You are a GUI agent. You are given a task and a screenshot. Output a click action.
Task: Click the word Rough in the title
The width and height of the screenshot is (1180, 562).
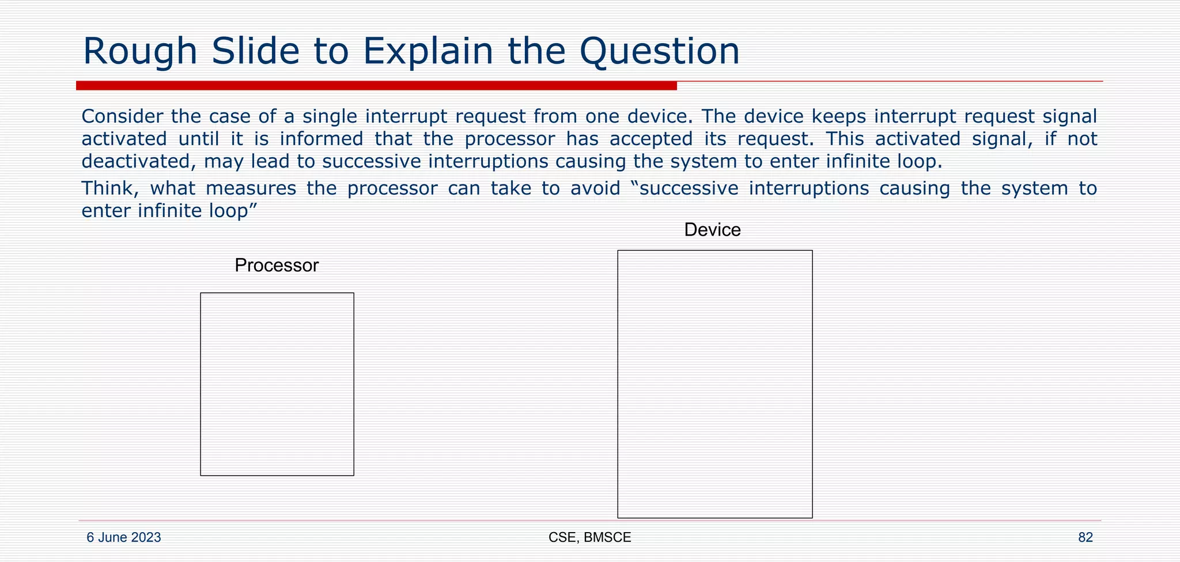[141, 52]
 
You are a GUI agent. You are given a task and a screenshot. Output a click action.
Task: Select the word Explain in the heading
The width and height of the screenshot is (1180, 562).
[427, 52]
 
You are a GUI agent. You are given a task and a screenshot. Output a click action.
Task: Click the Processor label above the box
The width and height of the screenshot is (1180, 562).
[277, 265]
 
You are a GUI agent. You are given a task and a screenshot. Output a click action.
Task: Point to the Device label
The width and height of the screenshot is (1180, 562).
[712, 230]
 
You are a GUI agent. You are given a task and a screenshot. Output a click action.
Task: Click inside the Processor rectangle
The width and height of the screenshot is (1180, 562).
[277, 384]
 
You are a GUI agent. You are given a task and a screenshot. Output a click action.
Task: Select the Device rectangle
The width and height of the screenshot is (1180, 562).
[715, 384]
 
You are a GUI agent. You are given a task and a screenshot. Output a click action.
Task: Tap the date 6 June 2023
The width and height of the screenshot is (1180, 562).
[124, 537]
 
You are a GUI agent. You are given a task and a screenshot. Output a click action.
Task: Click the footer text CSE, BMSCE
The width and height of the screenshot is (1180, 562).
[589, 537]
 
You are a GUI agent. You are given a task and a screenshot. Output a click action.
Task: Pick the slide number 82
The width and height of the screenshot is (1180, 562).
[1086, 537]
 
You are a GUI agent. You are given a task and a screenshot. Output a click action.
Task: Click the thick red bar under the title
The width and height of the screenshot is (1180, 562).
[376, 86]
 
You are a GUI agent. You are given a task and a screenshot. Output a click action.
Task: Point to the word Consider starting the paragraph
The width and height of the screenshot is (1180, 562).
[122, 116]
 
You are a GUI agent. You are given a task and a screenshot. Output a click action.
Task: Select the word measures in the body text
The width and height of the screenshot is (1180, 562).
[251, 188]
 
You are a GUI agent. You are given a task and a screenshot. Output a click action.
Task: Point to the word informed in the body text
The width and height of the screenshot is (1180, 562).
[322, 139]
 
